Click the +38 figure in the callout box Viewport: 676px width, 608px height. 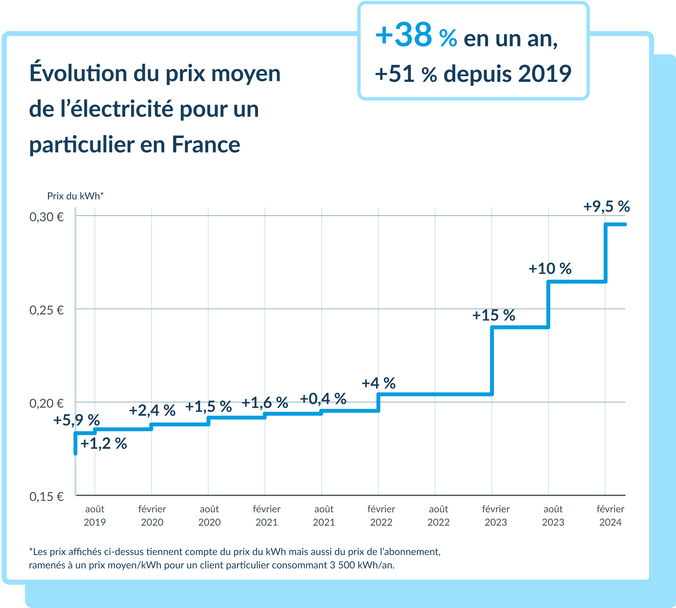tap(404, 35)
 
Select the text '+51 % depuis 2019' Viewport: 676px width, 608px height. tap(473, 74)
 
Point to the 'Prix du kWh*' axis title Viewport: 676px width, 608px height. tap(75, 196)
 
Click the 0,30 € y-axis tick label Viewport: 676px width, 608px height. tap(46, 217)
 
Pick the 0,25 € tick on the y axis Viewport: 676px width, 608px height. tap(46, 310)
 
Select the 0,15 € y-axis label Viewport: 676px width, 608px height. tap(46, 497)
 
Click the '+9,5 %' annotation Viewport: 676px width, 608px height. tap(606, 207)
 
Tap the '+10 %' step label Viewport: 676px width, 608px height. tap(550, 269)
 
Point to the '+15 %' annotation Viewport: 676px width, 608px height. tap(493, 315)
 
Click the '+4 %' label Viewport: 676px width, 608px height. tap(378, 383)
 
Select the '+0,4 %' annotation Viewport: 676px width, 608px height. tap(323, 399)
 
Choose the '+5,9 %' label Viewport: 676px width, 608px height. tap(77, 420)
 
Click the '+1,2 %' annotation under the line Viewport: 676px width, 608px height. tap(104, 444)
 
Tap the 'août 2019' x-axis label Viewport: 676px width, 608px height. tap(95, 516)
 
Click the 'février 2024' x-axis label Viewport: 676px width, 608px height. tap(610, 516)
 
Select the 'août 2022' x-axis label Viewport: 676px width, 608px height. tap(438, 516)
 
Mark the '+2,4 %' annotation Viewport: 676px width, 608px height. tap(152, 411)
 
